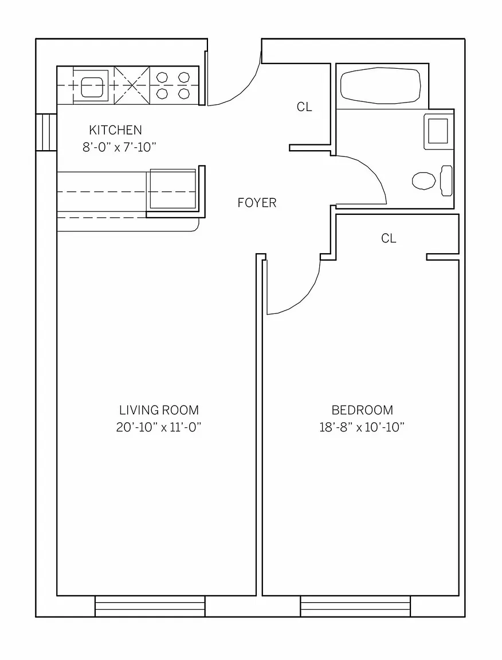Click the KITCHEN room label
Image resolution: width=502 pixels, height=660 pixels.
pos(115,129)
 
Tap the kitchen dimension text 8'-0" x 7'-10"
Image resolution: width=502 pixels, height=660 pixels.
pos(119,147)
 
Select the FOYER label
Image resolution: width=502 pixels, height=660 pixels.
pos(257,203)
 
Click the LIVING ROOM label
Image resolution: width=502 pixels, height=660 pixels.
pos(159,410)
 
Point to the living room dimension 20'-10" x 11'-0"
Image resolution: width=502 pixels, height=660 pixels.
pos(159,427)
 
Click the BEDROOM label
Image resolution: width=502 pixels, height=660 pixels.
pos(362,410)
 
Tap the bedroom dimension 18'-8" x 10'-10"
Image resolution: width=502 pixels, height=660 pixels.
pos(362,427)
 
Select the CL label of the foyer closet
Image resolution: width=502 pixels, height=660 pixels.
pos(304,107)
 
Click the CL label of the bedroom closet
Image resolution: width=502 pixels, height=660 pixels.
pos(389,238)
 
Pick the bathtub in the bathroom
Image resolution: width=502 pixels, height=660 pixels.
pos(381,86)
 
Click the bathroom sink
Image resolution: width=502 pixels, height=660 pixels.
pos(438,131)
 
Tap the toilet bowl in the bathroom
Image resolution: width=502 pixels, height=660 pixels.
pos(423,181)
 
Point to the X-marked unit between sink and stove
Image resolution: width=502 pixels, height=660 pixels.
pos(132,85)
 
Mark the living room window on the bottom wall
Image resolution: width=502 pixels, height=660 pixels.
pos(150,606)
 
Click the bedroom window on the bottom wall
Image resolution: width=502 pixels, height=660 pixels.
pos(355,606)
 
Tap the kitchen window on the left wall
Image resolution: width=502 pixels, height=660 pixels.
pos(46,132)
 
